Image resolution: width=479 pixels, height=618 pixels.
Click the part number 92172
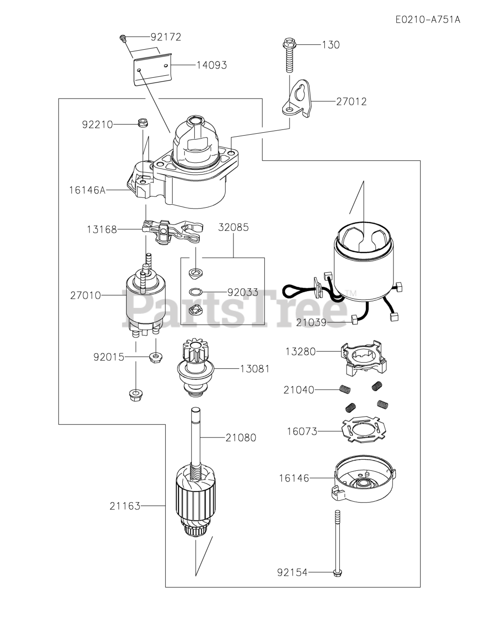166,37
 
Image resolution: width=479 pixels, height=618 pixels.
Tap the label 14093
211,65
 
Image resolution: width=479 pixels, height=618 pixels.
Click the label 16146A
87,190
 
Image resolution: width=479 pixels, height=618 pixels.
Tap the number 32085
233,227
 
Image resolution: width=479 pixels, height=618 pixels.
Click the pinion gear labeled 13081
196,369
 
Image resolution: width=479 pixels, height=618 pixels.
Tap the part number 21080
241,438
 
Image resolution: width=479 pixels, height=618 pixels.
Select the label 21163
125,506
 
